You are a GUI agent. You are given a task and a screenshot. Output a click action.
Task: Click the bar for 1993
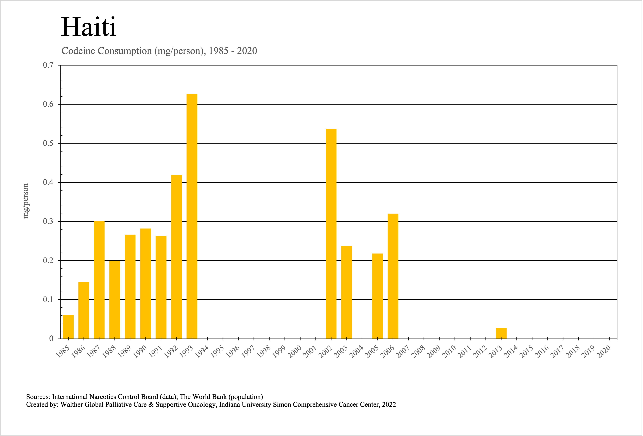pos(192,216)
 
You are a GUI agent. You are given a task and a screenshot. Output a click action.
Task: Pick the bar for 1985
pos(68,327)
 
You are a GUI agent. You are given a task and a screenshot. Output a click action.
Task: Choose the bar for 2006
pos(393,276)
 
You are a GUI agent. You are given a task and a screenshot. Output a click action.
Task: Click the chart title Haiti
pos(89,27)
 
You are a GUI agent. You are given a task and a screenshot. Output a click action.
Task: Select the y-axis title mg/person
pos(25,201)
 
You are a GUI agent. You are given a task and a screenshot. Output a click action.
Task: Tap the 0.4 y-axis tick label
pos(48,182)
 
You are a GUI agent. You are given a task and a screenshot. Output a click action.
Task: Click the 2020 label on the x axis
pos(604,352)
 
